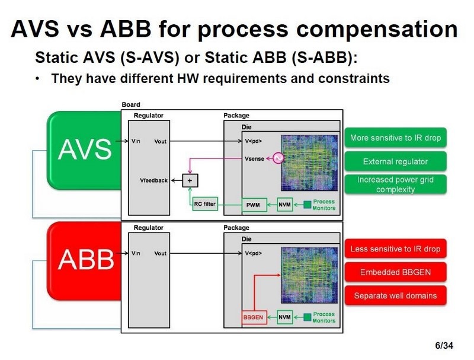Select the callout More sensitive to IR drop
[395, 138]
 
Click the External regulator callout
[395, 161]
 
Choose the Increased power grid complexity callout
[395, 184]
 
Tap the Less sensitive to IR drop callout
[395, 249]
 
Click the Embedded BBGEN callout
[395, 272]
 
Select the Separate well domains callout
[395, 295]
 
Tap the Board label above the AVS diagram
[131, 105]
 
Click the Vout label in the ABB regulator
[160, 253]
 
